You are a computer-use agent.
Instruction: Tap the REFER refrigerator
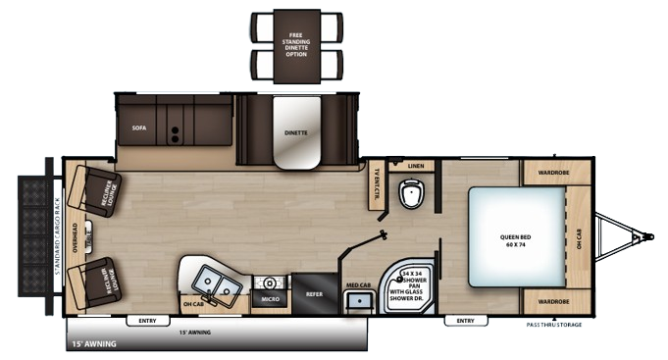click(x=314, y=293)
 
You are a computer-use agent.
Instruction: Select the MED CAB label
click(x=358, y=285)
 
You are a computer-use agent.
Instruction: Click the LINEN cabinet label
click(x=415, y=167)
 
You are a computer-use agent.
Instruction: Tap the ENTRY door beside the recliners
click(x=148, y=320)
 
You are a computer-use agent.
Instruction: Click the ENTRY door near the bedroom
click(x=464, y=320)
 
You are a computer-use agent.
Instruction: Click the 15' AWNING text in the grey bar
click(x=92, y=344)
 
